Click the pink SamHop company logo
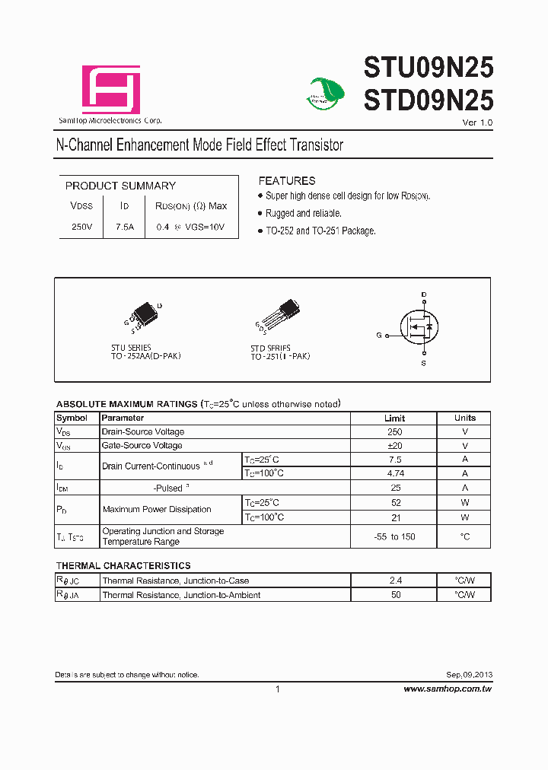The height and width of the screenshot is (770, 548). click(x=111, y=90)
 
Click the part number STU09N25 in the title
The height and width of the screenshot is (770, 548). click(x=429, y=68)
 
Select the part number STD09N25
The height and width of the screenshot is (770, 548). click(x=429, y=100)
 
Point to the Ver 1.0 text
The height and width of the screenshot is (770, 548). click(x=477, y=123)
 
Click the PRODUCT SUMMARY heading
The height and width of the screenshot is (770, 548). click(x=120, y=186)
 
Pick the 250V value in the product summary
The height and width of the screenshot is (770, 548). click(x=81, y=227)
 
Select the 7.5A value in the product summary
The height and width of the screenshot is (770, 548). click(x=125, y=227)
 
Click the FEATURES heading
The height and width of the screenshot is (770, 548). click(x=286, y=181)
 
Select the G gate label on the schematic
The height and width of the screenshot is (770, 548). click(x=378, y=335)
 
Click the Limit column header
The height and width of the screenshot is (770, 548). click(x=394, y=418)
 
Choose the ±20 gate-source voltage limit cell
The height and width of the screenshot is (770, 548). click(x=394, y=445)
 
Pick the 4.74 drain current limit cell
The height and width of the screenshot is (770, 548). click(x=394, y=473)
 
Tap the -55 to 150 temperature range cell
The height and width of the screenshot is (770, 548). click(x=394, y=536)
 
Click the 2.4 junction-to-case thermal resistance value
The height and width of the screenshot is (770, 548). click(x=395, y=581)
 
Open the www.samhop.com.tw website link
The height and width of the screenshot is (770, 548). click(x=448, y=689)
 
